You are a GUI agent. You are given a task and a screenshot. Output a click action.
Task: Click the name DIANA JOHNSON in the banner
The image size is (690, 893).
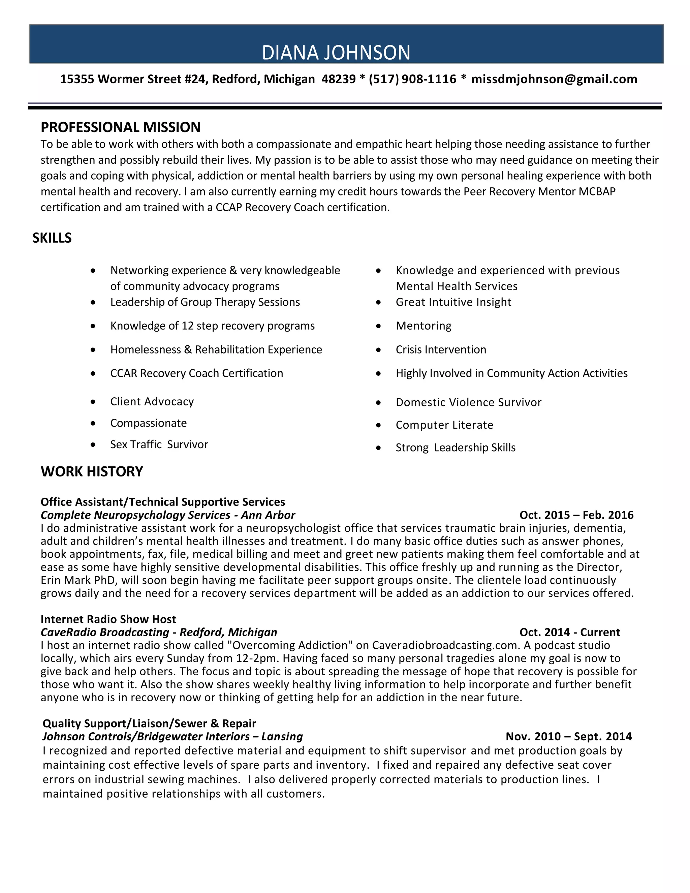pyautogui.click(x=336, y=53)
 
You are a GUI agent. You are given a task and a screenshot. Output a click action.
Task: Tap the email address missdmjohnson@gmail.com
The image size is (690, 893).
pyautogui.click(x=554, y=79)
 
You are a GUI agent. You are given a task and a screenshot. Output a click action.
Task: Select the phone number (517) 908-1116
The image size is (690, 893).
pyautogui.click(x=412, y=79)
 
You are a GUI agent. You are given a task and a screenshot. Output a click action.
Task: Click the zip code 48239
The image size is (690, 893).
pyautogui.click(x=339, y=79)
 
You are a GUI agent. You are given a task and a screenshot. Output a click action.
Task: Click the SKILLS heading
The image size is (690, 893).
pyautogui.click(x=52, y=238)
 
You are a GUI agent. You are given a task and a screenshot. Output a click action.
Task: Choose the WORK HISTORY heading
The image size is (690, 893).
pyautogui.click(x=92, y=471)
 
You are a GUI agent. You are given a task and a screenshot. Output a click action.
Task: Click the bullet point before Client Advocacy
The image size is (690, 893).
pyautogui.click(x=93, y=402)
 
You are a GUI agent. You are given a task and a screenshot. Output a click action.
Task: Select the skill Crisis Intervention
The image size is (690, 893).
pyautogui.click(x=441, y=349)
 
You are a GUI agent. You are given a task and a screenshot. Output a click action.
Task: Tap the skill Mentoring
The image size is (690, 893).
pyautogui.click(x=424, y=326)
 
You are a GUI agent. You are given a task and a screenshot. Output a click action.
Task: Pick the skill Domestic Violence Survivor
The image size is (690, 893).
pyautogui.click(x=468, y=402)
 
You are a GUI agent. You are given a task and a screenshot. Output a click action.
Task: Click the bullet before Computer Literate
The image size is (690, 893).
pyautogui.click(x=378, y=426)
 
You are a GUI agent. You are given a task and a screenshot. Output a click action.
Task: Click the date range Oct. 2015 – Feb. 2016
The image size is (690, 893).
pyautogui.click(x=576, y=515)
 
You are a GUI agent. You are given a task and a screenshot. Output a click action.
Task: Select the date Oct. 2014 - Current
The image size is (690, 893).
pyautogui.click(x=569, y=632)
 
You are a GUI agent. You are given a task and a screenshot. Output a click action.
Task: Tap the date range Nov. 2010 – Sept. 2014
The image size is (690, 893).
pyautogui.click(x=569, y=736)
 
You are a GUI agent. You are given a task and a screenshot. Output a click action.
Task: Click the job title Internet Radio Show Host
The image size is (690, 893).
pyautogui.click(x=108, y=619)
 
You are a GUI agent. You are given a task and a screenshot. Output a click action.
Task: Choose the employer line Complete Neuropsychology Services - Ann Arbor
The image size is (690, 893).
pyautogui.click(x=167, y=515)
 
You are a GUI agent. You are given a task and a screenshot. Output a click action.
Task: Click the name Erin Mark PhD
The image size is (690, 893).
pyautogui.click(x=78, y=580)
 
